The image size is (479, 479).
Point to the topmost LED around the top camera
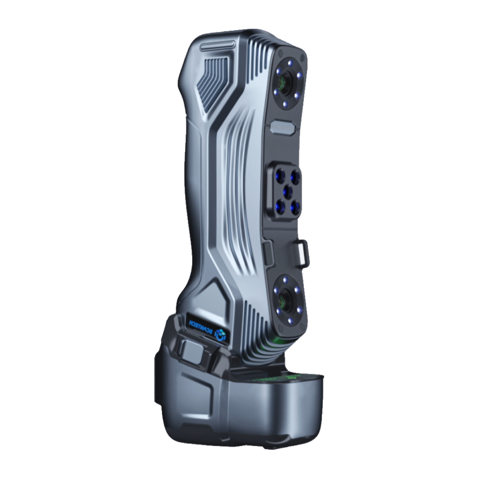pyautogui.click(x=291, y=63)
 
